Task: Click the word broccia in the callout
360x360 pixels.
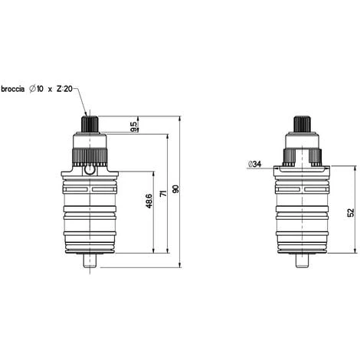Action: (13, 89)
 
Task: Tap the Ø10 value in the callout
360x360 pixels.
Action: (36, 89)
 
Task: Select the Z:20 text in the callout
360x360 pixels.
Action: (64, 89)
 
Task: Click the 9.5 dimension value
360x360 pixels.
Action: (133, 126)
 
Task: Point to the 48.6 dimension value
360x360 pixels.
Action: (149, 201)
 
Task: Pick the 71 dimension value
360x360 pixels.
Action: (163, 193)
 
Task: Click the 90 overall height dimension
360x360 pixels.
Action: (175, 189)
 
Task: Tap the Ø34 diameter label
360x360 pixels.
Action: (254, 164)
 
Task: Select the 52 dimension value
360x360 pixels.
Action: (352, 212)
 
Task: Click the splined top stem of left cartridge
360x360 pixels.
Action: (90, 124)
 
